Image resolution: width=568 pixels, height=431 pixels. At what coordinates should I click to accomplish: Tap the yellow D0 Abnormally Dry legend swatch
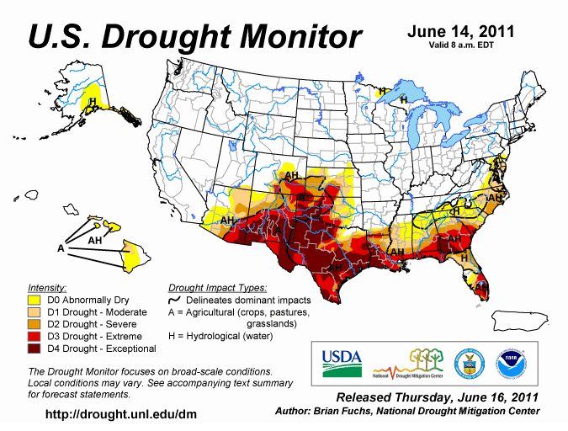(35, 300)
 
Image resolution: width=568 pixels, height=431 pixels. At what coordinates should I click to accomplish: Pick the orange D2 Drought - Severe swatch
(35, 324)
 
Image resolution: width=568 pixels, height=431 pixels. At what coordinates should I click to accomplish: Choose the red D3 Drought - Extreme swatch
(35, 336)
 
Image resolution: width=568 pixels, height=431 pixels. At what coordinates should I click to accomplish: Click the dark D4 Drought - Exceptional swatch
(35, 349)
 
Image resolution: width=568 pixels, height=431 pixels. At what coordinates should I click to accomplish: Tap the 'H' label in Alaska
(93, 103)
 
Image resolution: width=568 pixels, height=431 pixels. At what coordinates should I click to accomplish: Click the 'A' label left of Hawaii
(61, 248)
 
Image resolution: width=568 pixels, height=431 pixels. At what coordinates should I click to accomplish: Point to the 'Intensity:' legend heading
(47, 287)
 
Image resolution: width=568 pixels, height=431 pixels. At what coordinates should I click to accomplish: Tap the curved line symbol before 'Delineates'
(176, 300)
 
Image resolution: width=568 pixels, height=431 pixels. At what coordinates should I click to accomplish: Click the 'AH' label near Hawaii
(96, 240)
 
